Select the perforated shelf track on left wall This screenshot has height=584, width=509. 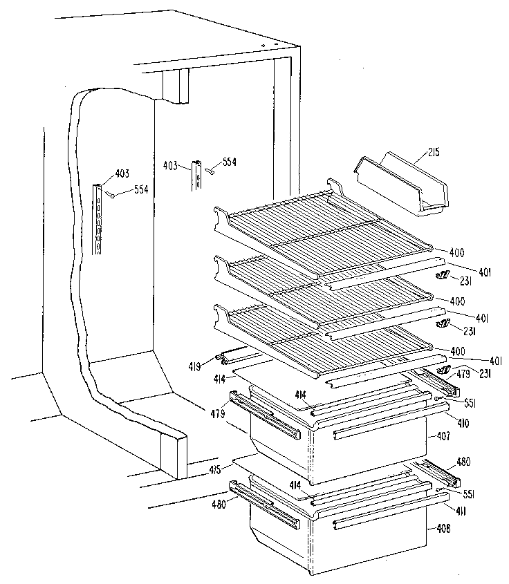[99, 218]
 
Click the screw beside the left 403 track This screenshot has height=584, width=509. [109, 196]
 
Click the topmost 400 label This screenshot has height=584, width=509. [457, 252]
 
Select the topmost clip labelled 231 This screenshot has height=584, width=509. [443, 276]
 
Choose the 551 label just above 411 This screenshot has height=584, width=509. [459, 495]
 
